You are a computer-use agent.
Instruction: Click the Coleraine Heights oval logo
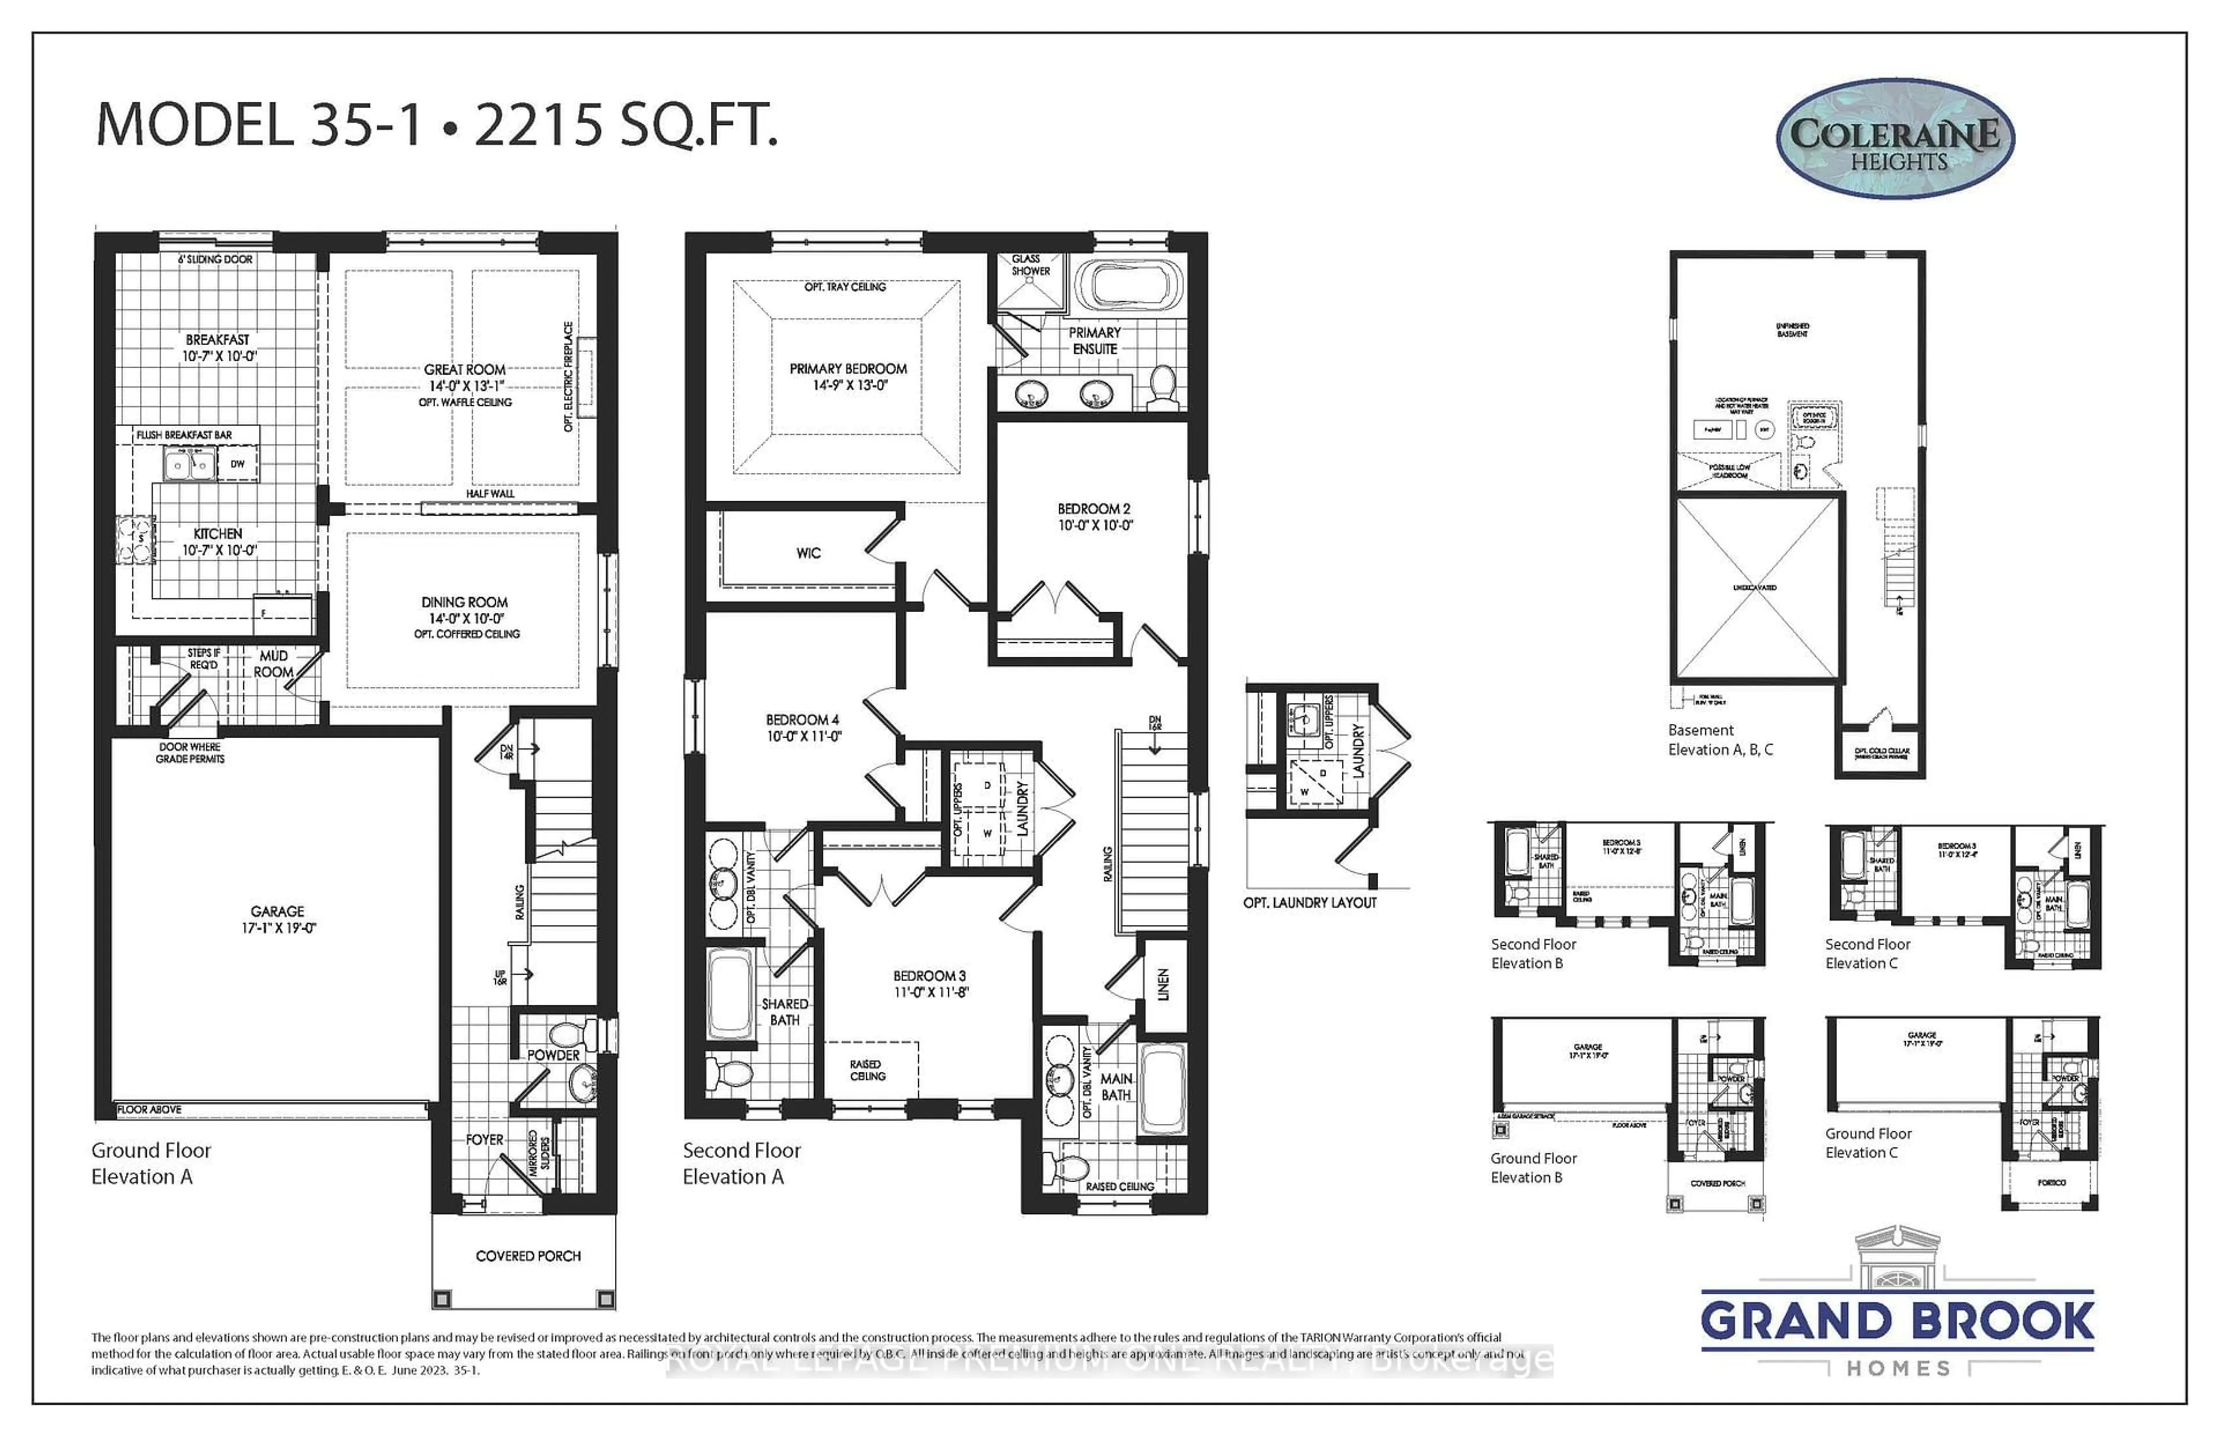(x=1895, y=139)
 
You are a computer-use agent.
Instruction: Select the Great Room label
(x=464, y=377)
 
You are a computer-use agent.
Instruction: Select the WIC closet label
(x=808, y=553)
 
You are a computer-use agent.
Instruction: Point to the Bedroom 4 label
(x=803, y=727)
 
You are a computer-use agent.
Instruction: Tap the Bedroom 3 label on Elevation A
(x=929, y=983)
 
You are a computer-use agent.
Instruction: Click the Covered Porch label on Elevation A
(x=528, y=1256)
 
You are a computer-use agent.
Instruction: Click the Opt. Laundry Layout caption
(x=1309, y=902)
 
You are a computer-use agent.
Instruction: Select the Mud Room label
(x=273, y=663)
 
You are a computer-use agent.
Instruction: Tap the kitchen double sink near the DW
(x=189, y=464)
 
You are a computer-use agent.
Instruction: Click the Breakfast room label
(x=217, y=347)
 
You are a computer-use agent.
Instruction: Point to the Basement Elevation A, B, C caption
(x=1720, y=739)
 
